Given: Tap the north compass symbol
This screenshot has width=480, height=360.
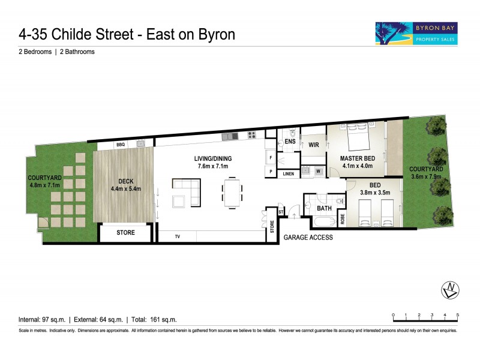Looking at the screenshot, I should (x=450, y=290).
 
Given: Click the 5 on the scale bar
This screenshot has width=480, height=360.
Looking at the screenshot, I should (x=458, y=314).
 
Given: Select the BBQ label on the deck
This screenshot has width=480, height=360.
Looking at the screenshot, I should (x=121, y=144).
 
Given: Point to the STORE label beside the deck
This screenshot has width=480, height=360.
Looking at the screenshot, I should (x=125, y=232).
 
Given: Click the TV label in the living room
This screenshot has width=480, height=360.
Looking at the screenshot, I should (x=178, y=236).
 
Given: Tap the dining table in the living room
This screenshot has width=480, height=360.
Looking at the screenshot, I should (x=232, y=191).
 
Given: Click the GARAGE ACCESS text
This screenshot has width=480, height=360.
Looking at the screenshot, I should (x=309, y=238).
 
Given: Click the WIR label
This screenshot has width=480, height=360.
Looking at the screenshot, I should (x=313, y=145).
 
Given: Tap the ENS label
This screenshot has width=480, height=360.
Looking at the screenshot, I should (x=290, y=141).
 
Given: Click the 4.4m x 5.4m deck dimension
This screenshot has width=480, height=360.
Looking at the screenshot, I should (x=125, y=188).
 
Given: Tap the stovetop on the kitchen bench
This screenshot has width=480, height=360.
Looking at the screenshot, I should (x=252, y=136).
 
